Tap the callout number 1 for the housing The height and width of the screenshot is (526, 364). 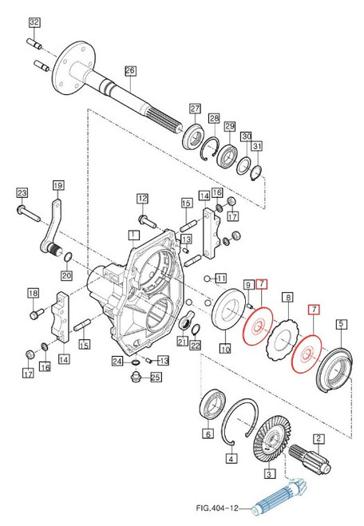click(x=133, y=235)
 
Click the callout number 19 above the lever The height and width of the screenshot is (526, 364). click(x=57, y=185)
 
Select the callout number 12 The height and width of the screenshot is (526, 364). click(x=142, y=198)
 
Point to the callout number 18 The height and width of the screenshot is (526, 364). click(x=33, y=293)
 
